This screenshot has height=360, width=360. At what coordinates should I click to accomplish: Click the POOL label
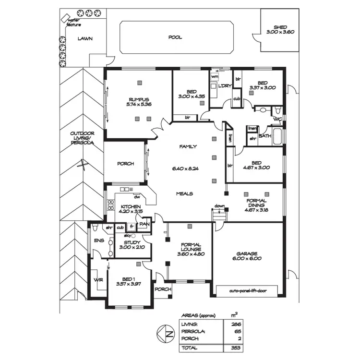point(175,37)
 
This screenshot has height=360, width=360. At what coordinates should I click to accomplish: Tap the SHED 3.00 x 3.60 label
point(280,30)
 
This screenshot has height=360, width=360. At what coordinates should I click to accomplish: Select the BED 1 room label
point(127,281)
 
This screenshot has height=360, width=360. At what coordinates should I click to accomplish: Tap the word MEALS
point(184,193)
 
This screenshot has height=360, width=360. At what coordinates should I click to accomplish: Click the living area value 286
point(234,324)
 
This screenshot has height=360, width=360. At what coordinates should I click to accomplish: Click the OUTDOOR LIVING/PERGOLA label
point(81,138)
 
